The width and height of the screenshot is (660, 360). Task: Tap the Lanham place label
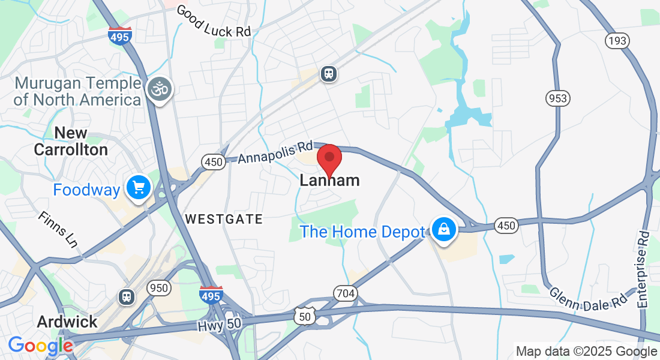tap(329, 181)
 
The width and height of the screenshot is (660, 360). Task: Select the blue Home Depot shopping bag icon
tap(443, 230)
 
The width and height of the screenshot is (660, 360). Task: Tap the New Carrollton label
tap(71, 141)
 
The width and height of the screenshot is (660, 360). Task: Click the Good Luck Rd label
tap(213, 22)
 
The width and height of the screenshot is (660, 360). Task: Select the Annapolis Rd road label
tap(275, 152)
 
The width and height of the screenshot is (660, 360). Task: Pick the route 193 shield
tap(617, 40)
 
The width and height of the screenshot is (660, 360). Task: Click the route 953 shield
tap(557, 98)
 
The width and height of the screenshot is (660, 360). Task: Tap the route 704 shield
tap(346, 293)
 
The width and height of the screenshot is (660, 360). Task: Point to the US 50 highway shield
tap(304, 315)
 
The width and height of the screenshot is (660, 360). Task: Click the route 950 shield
tap(159, 288)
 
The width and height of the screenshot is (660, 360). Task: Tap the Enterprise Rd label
tap(644, 270)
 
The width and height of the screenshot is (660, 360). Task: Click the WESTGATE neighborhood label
tap(224, 220)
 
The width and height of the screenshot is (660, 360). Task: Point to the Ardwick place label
tap(67, 322)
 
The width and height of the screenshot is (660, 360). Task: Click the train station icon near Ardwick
tap(127, 296)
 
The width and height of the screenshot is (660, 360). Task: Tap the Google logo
tap(40, 346)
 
